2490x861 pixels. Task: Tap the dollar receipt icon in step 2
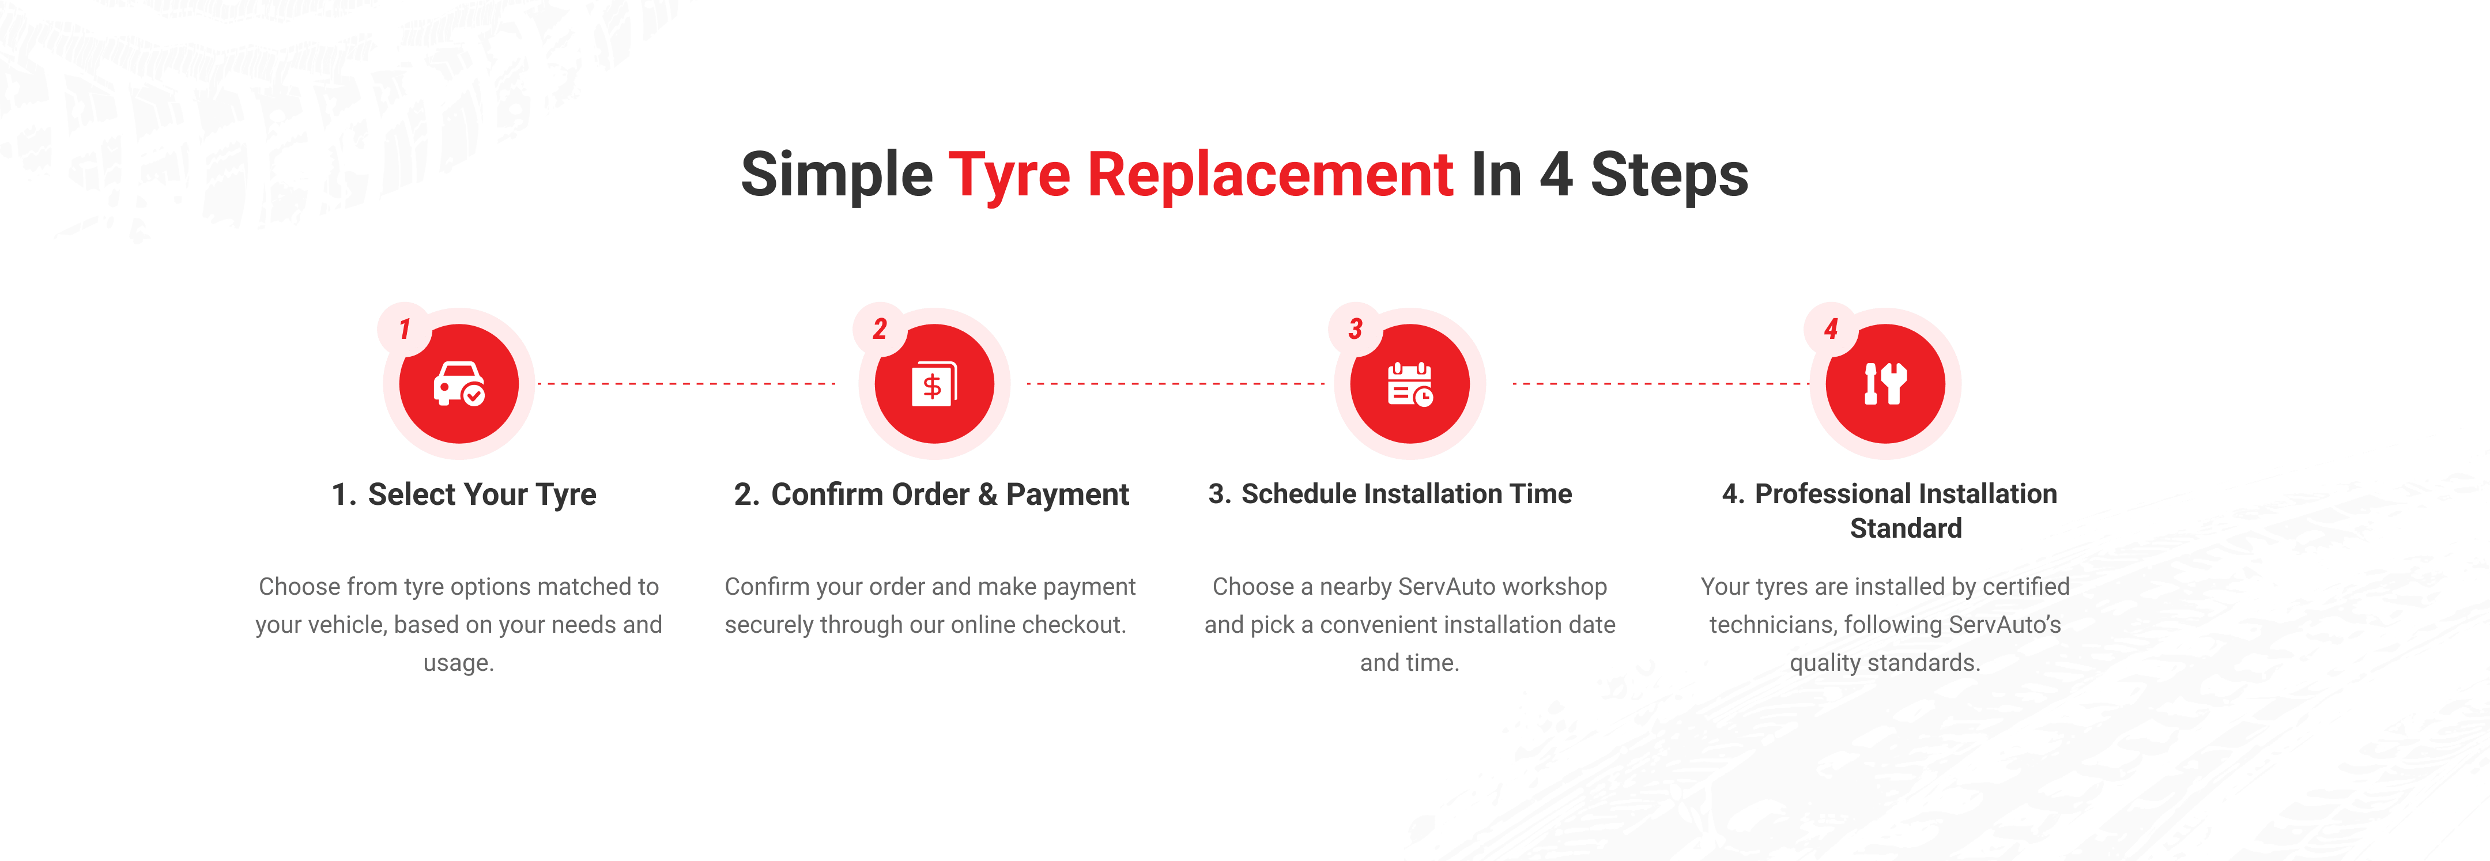(934, 384)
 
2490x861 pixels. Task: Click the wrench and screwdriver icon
(1885, 384)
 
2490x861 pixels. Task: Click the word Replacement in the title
(1270, 176)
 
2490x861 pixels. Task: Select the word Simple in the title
(837, 176)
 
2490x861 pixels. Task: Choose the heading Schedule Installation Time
(1406, 494)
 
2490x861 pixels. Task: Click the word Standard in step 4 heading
(1905, 528)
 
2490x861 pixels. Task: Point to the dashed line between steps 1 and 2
(686, 384)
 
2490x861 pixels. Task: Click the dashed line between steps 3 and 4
(1659, 384)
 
